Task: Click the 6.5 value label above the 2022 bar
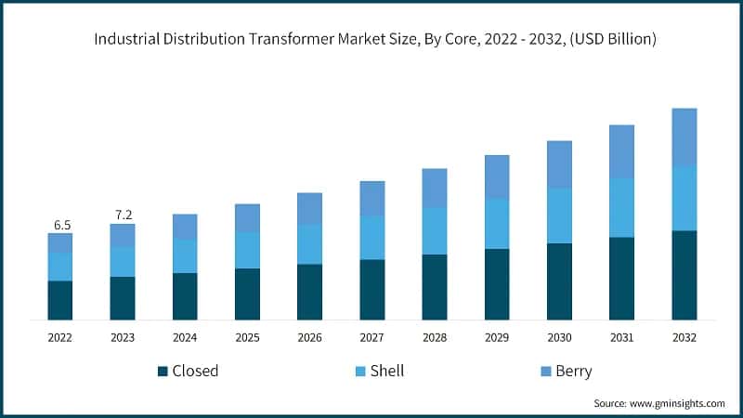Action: tap(60, 225)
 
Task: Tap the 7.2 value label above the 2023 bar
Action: tap(123, 215)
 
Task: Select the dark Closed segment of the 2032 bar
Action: tap(684, 275)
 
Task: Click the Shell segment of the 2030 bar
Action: tap(559, 216)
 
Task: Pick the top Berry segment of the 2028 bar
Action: tap(435, 188)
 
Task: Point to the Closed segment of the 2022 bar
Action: tap(60, 300)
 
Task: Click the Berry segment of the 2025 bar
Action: tap(247, 218)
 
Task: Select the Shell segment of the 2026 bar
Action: tap(309, 244)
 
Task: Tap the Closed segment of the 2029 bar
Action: tap(497, 284)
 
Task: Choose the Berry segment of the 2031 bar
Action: tap(621, 151)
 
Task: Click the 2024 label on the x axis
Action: tap(185, 338)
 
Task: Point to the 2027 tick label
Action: tap(371, 338)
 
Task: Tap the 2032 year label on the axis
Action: tap(684, 338)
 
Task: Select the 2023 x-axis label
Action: tap(123, 338)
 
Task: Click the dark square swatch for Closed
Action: tap(163, 372)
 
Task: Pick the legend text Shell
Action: tap(386, 372)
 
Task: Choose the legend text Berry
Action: tap(573, 372)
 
